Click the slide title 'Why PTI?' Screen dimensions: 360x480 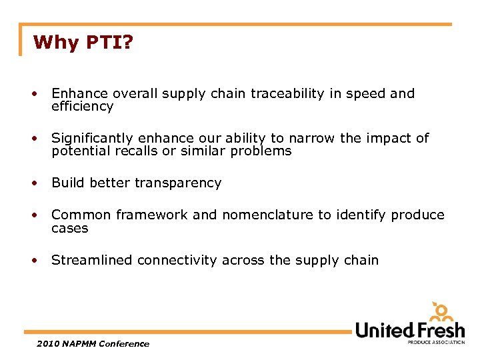pos(83,43)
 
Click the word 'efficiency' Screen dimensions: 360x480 pos(82,107)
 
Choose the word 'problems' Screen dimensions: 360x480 pos(261,151)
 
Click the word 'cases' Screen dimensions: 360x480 pos(69,228)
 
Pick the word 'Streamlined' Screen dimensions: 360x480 pos(92,260)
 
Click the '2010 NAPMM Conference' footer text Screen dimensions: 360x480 pos(93,344)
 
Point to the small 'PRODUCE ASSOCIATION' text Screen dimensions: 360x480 pos(436,343)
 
